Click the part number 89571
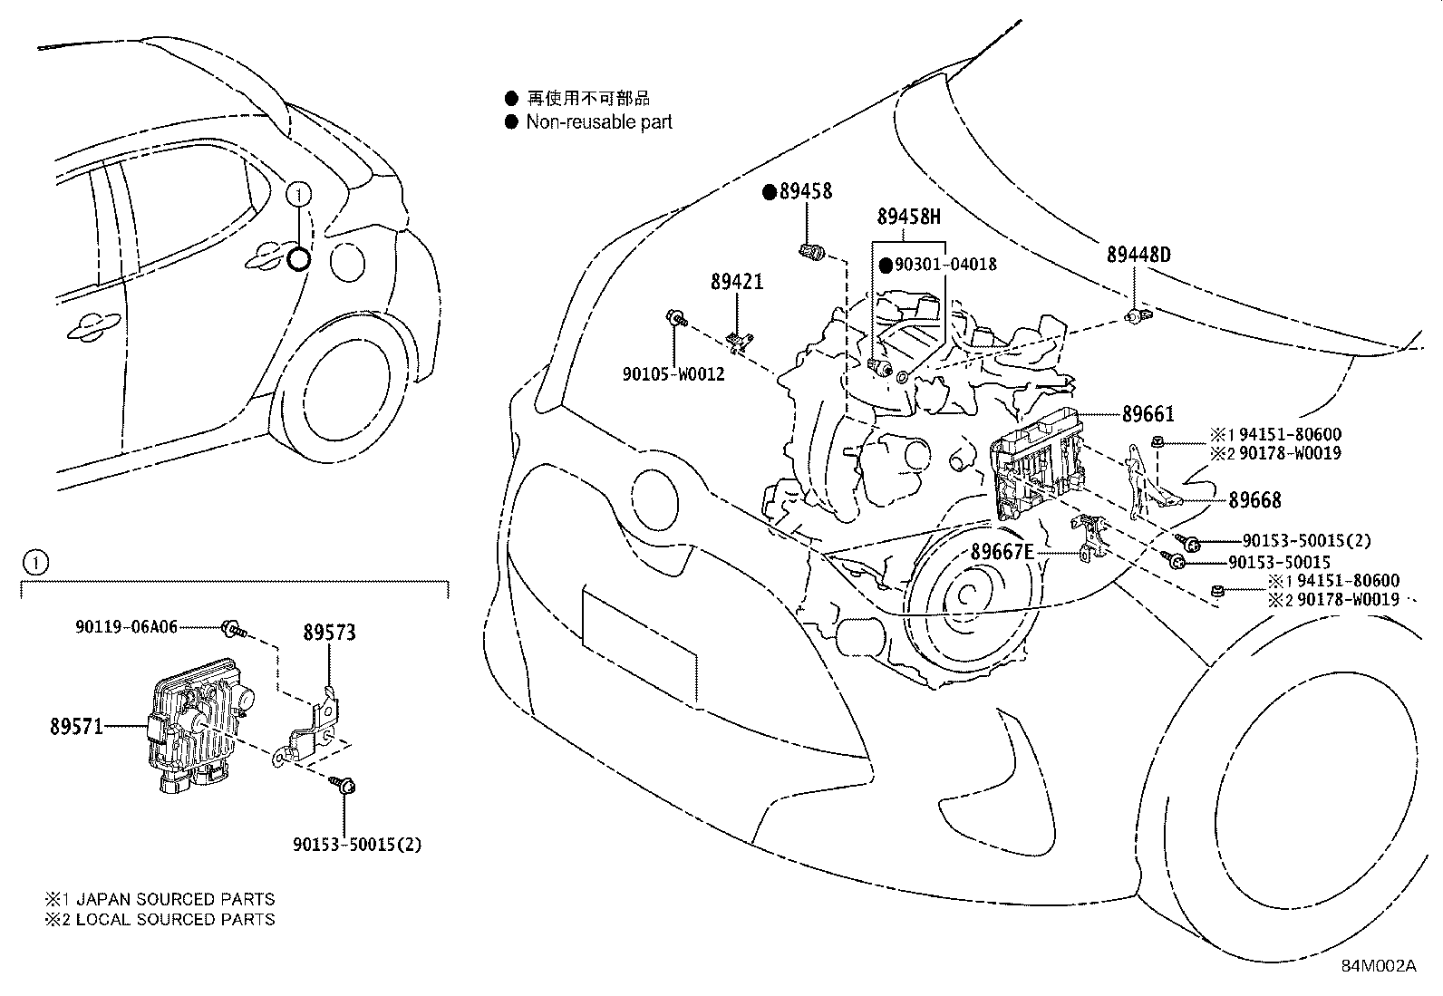tap(77, 726)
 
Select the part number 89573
tap(328, 633)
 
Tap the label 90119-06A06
tap(126, 626)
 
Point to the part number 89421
tap(736, 282)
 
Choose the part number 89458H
tap(908, 217)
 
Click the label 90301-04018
tap(944, 265)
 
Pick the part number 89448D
tap(1138, 255)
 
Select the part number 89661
tap(1148, 414)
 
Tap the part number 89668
tap(1254, 499)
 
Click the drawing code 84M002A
tap(1378, 966)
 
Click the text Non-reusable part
tap(599, 122)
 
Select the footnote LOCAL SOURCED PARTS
tap(174, 919)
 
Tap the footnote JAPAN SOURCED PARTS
tap(174, 900)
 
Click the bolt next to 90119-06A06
tap(231, 627)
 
